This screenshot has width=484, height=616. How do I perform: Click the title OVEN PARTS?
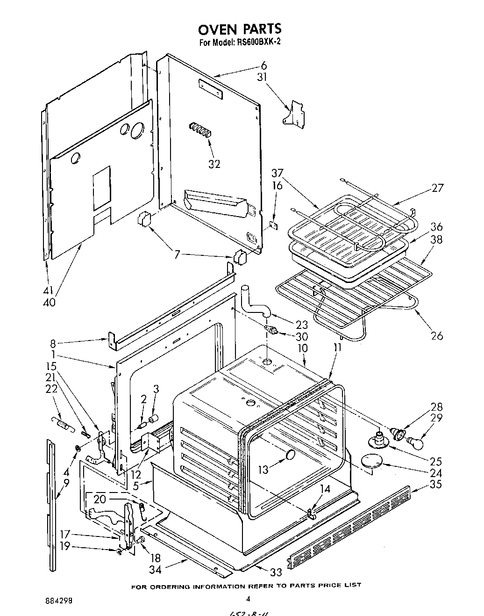240,29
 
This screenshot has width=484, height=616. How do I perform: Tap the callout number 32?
214,164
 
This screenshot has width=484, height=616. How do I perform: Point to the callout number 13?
263,469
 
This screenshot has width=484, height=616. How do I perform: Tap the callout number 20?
100,499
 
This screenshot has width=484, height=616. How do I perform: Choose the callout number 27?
437,188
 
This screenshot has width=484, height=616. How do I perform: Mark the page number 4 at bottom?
248,598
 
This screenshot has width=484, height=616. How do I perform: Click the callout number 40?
49,302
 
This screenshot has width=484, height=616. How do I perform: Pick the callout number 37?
278,173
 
